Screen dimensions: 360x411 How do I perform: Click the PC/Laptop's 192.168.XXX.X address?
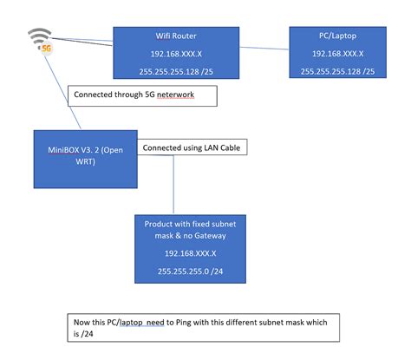337,54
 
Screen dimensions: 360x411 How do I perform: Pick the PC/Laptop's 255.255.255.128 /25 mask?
337,70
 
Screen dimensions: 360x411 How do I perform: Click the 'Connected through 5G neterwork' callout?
140,95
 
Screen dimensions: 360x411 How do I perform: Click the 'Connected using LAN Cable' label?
191,148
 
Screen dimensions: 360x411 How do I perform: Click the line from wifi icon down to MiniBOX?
59,95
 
